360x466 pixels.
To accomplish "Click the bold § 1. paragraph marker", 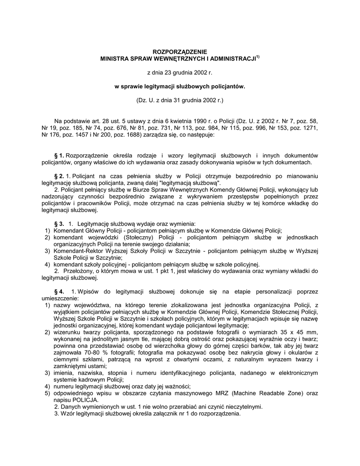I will click(x=59, y=156).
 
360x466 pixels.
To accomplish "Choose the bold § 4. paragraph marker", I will click(x=59, y=291).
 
